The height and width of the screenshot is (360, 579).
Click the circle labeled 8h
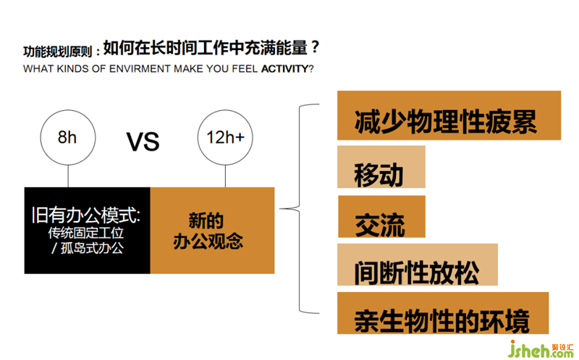pos(67,138)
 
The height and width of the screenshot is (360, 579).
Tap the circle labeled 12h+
pos(225,138)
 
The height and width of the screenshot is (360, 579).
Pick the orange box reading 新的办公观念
pos(212,230)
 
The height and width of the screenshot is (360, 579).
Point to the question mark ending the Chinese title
pos(315,49)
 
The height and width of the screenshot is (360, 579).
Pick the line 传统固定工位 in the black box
pos(86,233)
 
